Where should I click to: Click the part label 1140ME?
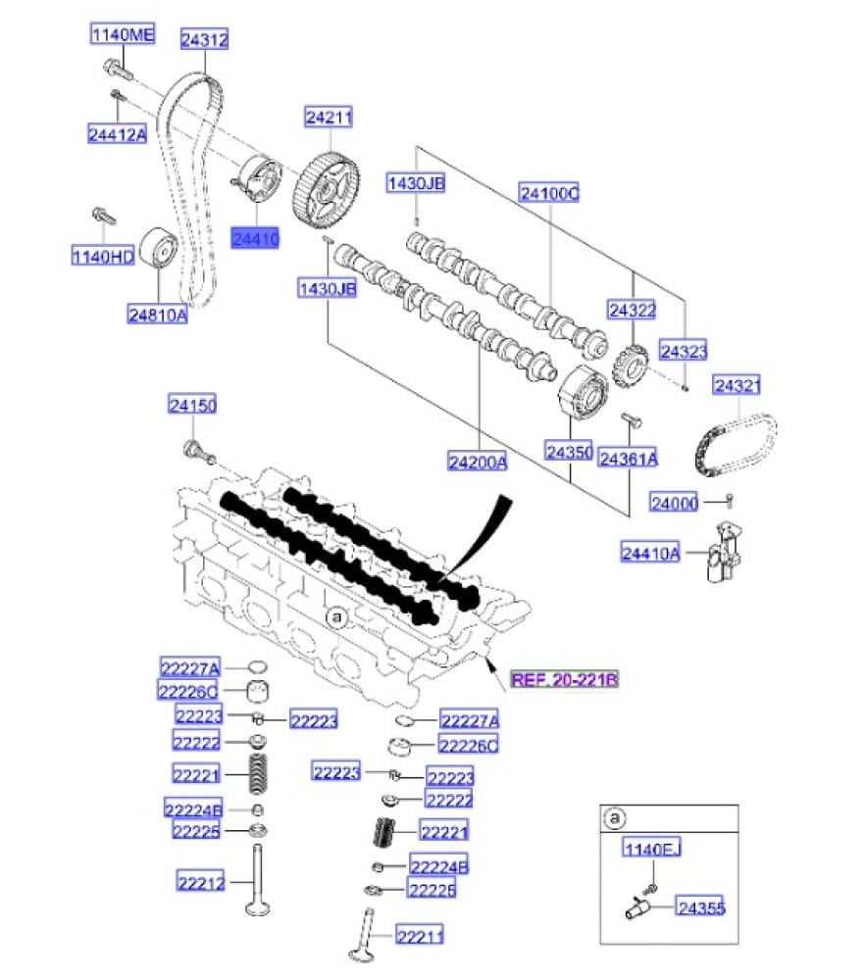[123, 36]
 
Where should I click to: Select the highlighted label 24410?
[255, 237]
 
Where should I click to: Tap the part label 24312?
[204, 39]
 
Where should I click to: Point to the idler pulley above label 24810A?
[158, 249]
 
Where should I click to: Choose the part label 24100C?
[549, 193]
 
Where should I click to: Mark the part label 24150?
[191, 405]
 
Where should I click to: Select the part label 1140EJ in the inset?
[651, 850]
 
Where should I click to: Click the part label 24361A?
[628, 458]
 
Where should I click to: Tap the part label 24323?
[683, 350]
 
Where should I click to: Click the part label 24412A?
[117, 135]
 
